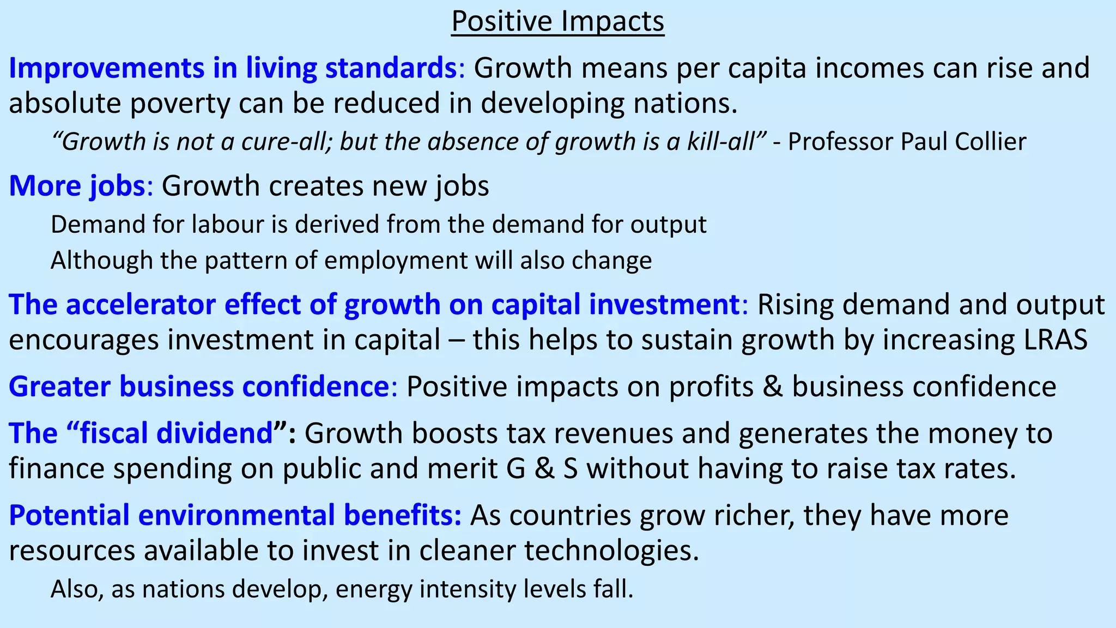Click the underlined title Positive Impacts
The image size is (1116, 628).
pyautogui.click(x=557, y=22)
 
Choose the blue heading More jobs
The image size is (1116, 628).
pyautogui.click(x=77, y=186)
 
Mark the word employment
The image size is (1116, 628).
pyautogui.click(x=396, y=261)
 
